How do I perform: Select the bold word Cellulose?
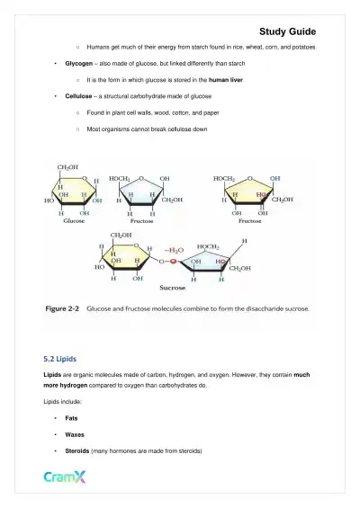pos(82,95)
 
